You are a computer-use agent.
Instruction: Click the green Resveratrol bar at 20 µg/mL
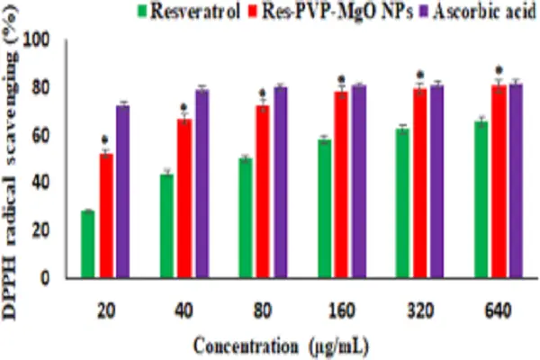click(x=87, y=244)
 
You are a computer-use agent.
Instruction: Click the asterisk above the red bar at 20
click(x=105, y=139)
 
